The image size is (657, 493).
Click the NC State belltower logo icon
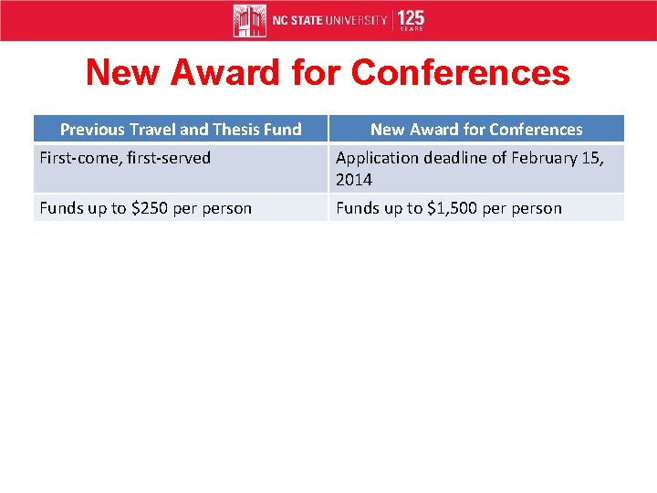click(249, 20)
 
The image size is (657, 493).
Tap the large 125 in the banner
click(411, 17)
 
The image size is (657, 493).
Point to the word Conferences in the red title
click(460, 73)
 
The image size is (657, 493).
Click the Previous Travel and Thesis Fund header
click(181, 130)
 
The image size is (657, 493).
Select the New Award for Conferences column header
click(476, 130)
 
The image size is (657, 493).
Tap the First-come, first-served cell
click(125, 158)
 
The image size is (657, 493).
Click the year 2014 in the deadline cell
click(353, 180)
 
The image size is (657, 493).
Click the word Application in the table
click(373, 158)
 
